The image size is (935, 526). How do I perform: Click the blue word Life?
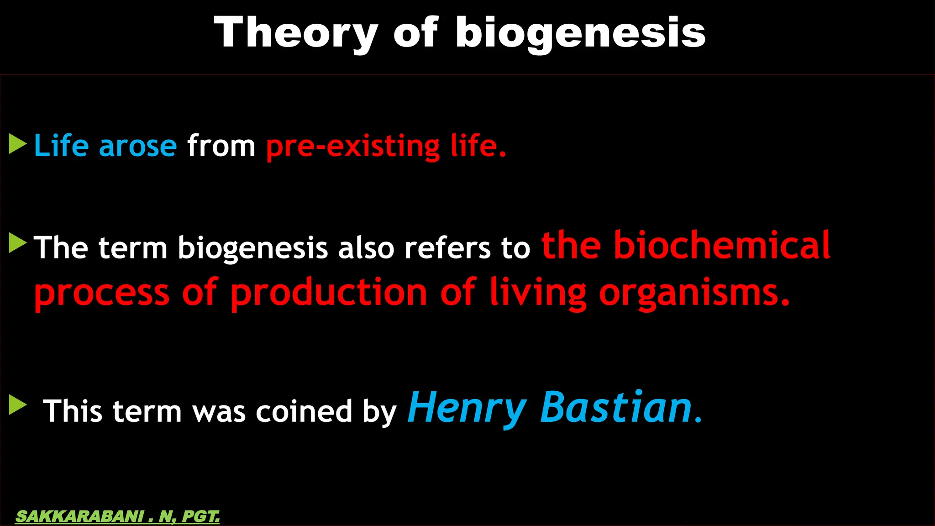(61, 146)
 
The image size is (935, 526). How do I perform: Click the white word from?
(221, 146)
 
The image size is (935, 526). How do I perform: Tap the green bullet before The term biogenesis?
(17, 243)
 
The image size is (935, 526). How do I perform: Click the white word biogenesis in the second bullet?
(252, 249)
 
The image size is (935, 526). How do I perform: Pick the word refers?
(447, 248)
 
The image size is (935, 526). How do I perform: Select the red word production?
(329, 293)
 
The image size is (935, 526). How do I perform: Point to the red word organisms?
(694, 293)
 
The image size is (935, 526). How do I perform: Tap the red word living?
(538, 293)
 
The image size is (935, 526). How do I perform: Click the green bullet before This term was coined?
(17, 405)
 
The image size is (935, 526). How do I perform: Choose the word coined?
(304, 411)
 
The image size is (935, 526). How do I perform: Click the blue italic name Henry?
(467, 408)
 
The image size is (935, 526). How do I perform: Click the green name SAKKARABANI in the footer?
(80, 516)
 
